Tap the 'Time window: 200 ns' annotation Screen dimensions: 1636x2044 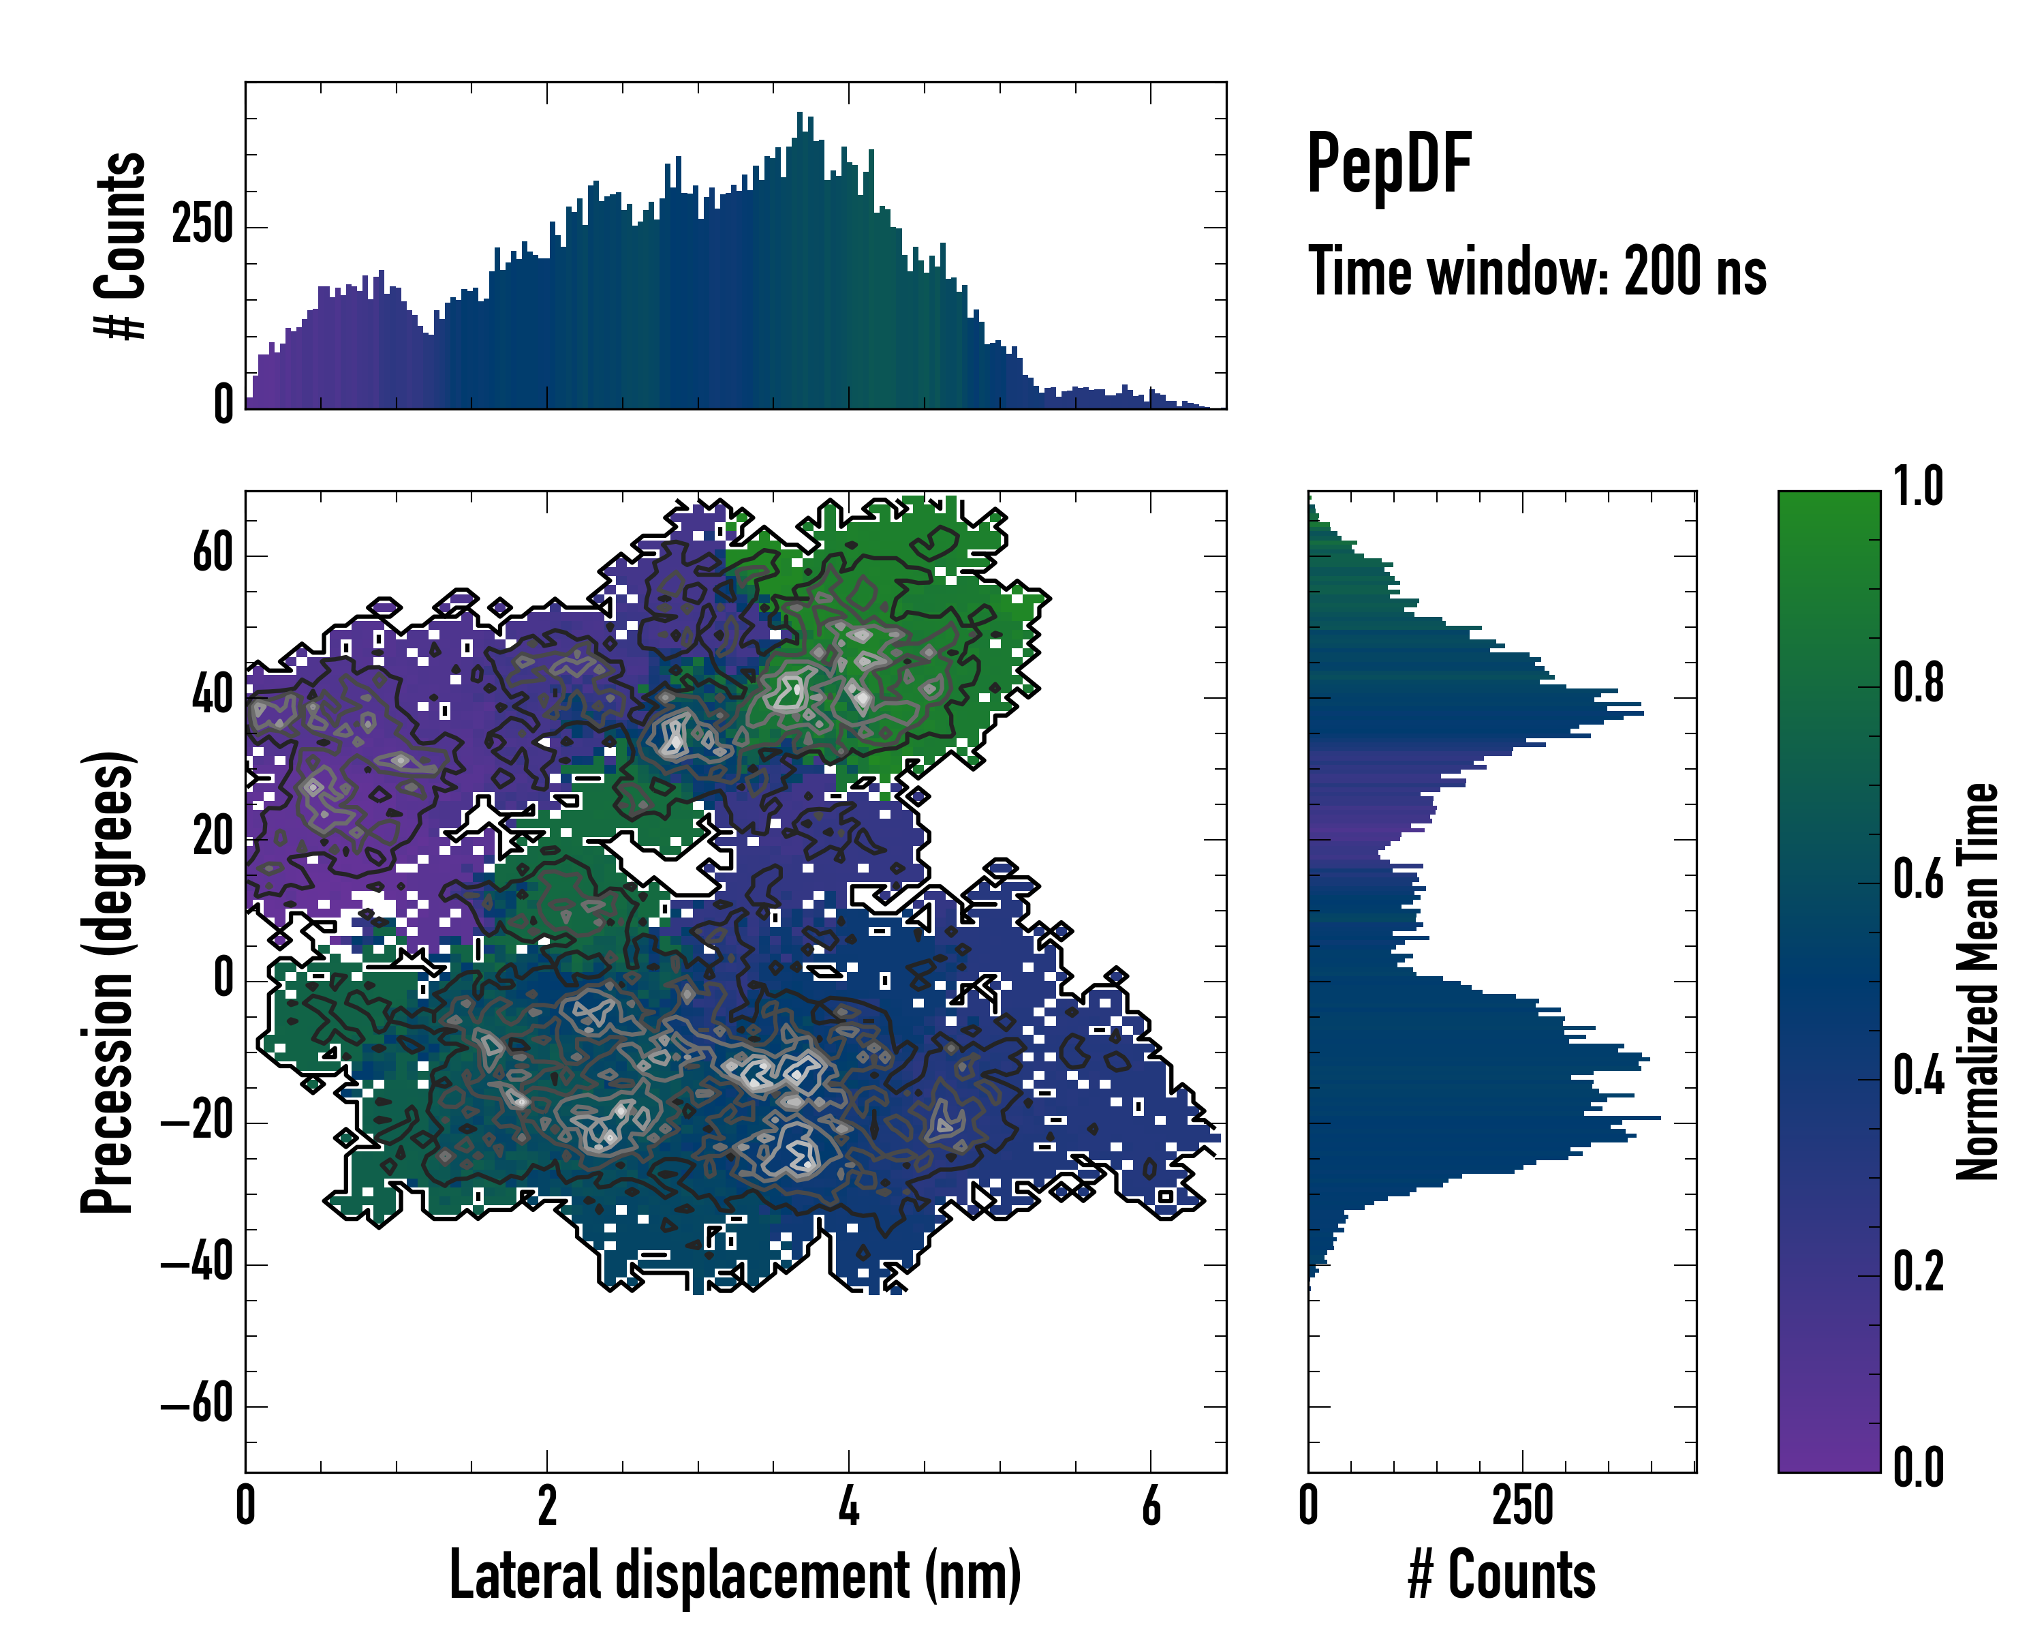click(x=1537, y=271)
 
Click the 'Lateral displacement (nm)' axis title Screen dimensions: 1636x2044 click(x=734, y=1575)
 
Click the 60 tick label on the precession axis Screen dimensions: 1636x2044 click(x=213, y=553)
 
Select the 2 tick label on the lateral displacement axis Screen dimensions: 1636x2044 click(x=547, y=1505)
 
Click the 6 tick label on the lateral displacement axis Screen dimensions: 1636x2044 click(x=1151, y=1505)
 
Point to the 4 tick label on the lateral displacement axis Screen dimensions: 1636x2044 click(x=848, y=1505)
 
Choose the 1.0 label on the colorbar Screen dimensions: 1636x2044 click(x=1918, y=487)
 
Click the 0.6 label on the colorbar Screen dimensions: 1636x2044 click(x=1918, y=879)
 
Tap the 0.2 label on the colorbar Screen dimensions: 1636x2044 click(x=1918, y=1272)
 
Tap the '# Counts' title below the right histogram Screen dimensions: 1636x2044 click(x=1502, y=1575)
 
